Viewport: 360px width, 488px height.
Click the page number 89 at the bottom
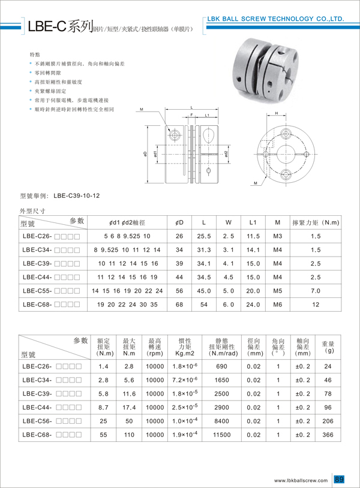pyautogui.click(x=340, y=480)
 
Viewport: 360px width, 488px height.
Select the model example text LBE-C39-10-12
pyautogui.click(x=76, y=195)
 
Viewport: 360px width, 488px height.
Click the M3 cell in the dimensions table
pyautogui.click(x=277, y=236)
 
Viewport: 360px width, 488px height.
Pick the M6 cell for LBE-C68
pyautogui.click(x=277, y=305)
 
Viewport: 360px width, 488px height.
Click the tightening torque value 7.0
pyautogui.click(x=316, y=291)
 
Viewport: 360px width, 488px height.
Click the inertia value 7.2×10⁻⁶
pyautogui.click(x=181, y=380)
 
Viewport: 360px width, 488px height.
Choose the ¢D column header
pyautogui.click(x=179, y=222)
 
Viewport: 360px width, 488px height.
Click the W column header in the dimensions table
pyautogui.click(x=229, y=222)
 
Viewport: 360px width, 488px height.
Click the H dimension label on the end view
pyautogui.click(x=276, y=113)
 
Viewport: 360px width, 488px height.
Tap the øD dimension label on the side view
pyautogui.click(x=146, y=154)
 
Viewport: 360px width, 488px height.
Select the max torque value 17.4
pyautogui.click(x=129, y=406)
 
